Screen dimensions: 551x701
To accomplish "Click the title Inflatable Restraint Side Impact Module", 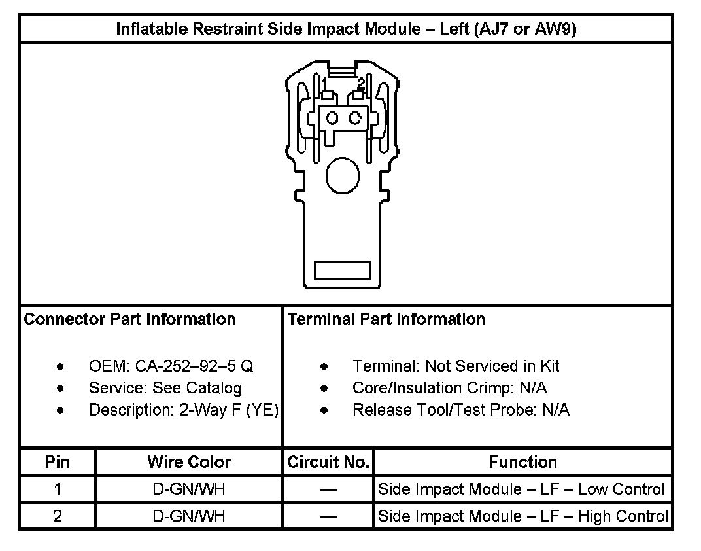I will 346,29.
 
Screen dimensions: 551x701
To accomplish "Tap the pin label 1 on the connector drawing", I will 324,83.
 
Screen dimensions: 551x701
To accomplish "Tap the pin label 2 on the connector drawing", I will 360,83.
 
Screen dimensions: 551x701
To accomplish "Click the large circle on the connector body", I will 342,174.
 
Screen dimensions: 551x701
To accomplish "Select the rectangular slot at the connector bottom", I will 343,270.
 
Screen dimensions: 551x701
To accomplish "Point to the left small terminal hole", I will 332,118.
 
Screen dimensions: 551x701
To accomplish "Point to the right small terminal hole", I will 355,118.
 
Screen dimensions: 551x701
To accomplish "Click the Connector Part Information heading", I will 129,319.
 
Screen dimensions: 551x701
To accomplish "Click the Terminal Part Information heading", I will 386,319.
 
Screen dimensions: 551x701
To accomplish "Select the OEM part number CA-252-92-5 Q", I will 171,366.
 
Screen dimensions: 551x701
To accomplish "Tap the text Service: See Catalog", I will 165,388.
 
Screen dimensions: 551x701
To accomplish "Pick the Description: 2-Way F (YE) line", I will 184,410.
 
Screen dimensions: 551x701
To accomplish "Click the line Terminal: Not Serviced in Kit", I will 456,366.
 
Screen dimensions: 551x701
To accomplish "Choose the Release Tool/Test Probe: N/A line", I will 460,410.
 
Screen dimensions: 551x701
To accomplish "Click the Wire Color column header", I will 189,462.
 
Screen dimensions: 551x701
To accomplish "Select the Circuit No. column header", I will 328,462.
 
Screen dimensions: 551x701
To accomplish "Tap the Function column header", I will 522,462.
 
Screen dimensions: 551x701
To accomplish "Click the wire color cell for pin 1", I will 189,489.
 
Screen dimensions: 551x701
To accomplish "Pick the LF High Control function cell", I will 523,516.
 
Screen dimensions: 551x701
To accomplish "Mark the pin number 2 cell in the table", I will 58,516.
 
